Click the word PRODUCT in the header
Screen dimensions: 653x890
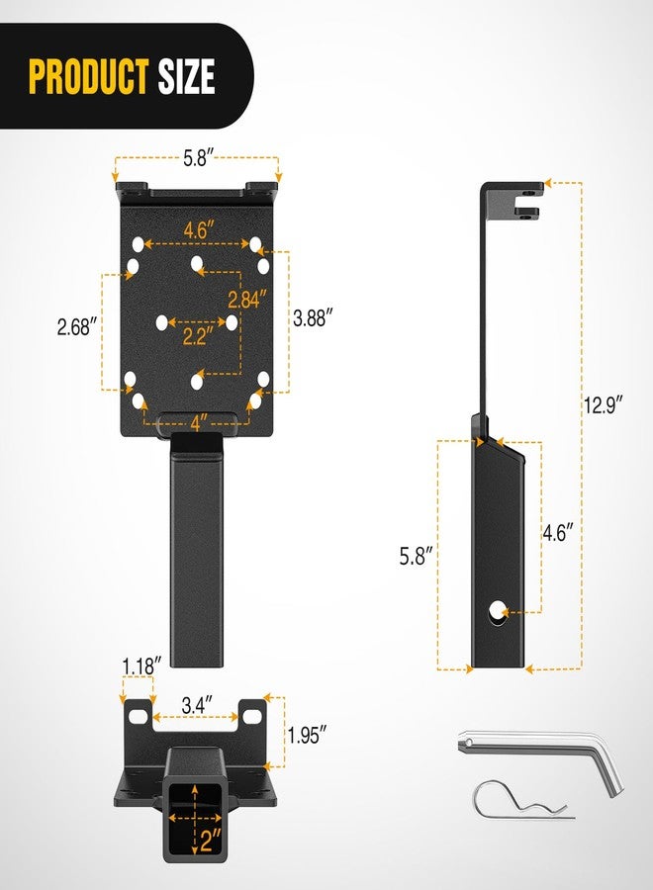[89, 76]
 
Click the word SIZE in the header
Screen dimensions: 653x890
[186, 76]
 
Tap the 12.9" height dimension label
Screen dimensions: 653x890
[604, 405]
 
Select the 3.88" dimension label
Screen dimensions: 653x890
[313, 317]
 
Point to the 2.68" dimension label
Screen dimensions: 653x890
[77, 326]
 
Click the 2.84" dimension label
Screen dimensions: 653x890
[247, 299]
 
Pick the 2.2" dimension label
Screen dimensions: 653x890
[197, 336]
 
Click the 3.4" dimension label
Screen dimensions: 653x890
[197, 705]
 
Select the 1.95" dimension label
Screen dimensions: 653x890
[307, 735]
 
